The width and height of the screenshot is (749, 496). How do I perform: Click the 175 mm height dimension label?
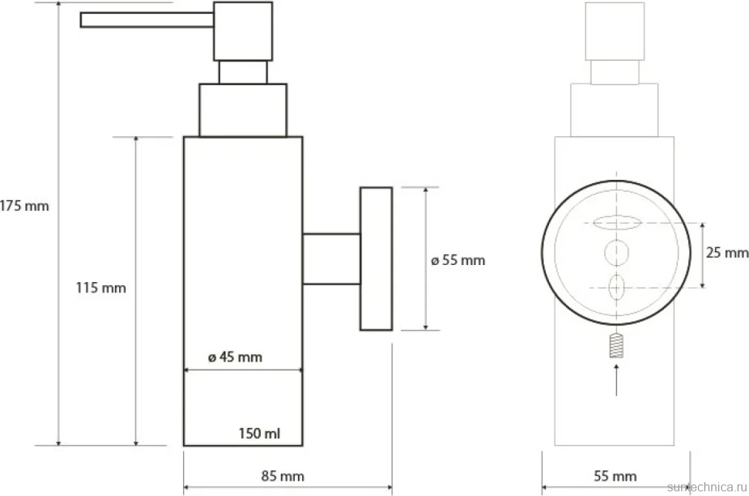[x=25, y=206]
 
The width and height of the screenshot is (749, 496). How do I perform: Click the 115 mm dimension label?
[x=101, y=287]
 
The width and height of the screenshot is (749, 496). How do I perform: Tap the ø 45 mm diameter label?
[x=235, y=357]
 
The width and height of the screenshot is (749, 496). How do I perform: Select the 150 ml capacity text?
[x=259, y=433]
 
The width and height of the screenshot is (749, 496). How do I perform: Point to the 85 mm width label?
[x=283, y=476]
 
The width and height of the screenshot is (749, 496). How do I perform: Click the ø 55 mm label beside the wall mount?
[x=458, y=260]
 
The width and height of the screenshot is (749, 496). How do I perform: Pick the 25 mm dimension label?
[x=727, y=253]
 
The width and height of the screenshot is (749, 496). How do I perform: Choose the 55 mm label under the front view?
[x=615, y=476]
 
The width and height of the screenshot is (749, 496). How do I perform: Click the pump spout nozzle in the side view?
[x=147, y=20]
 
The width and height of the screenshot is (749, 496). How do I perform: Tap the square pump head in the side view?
[x=243, y=32]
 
